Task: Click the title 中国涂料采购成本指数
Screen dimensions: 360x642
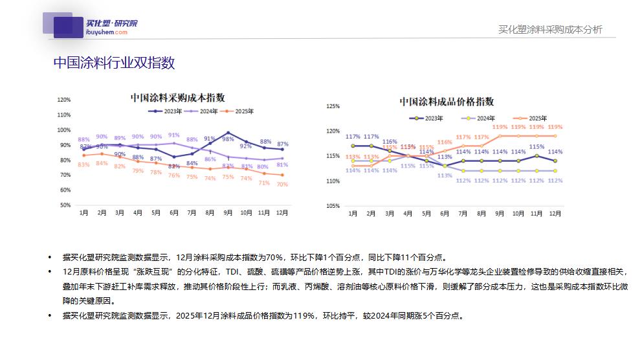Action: (177, 98)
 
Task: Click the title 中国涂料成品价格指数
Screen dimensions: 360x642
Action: (446, 102)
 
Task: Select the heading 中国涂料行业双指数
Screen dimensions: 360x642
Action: (114, 63)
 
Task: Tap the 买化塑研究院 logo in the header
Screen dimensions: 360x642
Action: (90, 26)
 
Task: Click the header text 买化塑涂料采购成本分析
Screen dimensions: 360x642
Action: (550, 29)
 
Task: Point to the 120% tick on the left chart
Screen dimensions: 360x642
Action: (63, 100)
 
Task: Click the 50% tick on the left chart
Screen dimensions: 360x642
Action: (63, 205)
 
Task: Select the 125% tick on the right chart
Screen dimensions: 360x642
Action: (333, 106)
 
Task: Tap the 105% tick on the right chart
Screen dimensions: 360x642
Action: (333, 206)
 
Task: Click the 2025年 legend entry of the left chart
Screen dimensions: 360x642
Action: (243, 111)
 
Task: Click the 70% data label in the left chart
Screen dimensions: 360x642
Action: (282, 185)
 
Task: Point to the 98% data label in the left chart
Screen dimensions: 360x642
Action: (228, 139)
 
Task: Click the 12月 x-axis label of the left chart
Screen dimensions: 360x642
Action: (282, 212)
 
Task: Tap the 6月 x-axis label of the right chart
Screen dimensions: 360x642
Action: (444, 213)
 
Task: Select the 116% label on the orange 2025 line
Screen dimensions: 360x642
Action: (444, 142)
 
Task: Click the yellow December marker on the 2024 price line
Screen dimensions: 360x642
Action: (555, 171)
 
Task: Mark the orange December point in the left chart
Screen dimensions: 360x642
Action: (282, 175)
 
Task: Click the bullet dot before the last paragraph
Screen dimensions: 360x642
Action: (50, 315)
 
